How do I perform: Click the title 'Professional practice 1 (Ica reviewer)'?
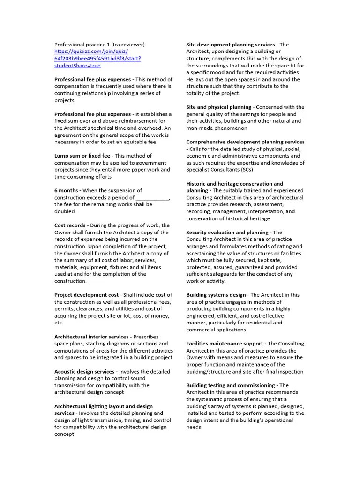(99, 45)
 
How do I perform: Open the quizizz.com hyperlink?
(97, 55)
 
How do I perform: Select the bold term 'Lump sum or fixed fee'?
(82, 156)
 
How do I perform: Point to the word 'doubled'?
(64, 211)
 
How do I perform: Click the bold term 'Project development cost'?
(87, 295)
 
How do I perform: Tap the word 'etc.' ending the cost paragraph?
(59, 323)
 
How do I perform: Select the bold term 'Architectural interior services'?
(91, 337)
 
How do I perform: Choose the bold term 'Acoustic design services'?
(84, 372)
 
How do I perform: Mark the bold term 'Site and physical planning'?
(219, 107)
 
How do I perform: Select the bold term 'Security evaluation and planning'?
(227, 232)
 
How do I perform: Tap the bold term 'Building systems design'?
(216, 295)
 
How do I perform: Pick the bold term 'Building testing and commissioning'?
(231, 385)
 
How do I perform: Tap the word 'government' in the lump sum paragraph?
(150, 163)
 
